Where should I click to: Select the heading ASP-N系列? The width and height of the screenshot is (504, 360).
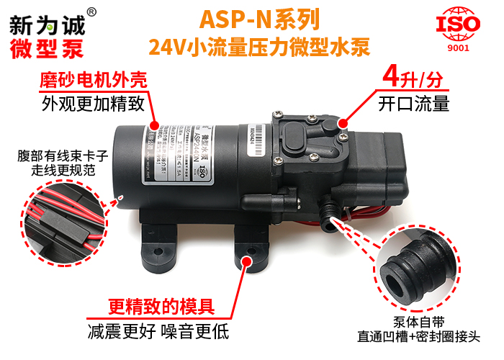tap(258, 17)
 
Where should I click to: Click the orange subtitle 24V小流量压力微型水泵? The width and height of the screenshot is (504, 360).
tap(258, 48)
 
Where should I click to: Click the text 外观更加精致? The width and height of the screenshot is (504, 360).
tap(99, 104)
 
